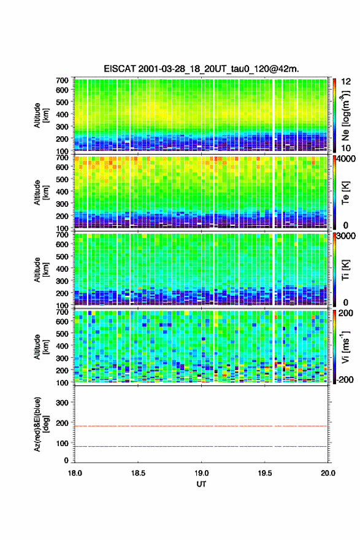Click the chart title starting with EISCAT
coord(201,69)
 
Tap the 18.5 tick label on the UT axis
coord(137,473)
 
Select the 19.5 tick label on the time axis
coord(265,473)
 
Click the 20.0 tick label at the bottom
coord(327,473)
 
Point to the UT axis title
coord(201,484)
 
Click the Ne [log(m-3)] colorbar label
coord(345,115)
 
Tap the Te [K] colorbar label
coord(345,193)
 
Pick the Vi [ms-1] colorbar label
coord(345,347)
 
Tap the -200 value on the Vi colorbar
coord(345,379)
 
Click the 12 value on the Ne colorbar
coord(346,82)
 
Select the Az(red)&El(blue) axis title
coord(40,424)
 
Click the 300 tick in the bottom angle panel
coord(62,403)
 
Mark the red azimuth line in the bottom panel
coord(201,426)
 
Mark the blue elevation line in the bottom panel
coord(201,446)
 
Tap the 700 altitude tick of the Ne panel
coord(62,80)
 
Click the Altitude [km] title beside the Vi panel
coord(40,347)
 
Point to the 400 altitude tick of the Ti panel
coord(62,269)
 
